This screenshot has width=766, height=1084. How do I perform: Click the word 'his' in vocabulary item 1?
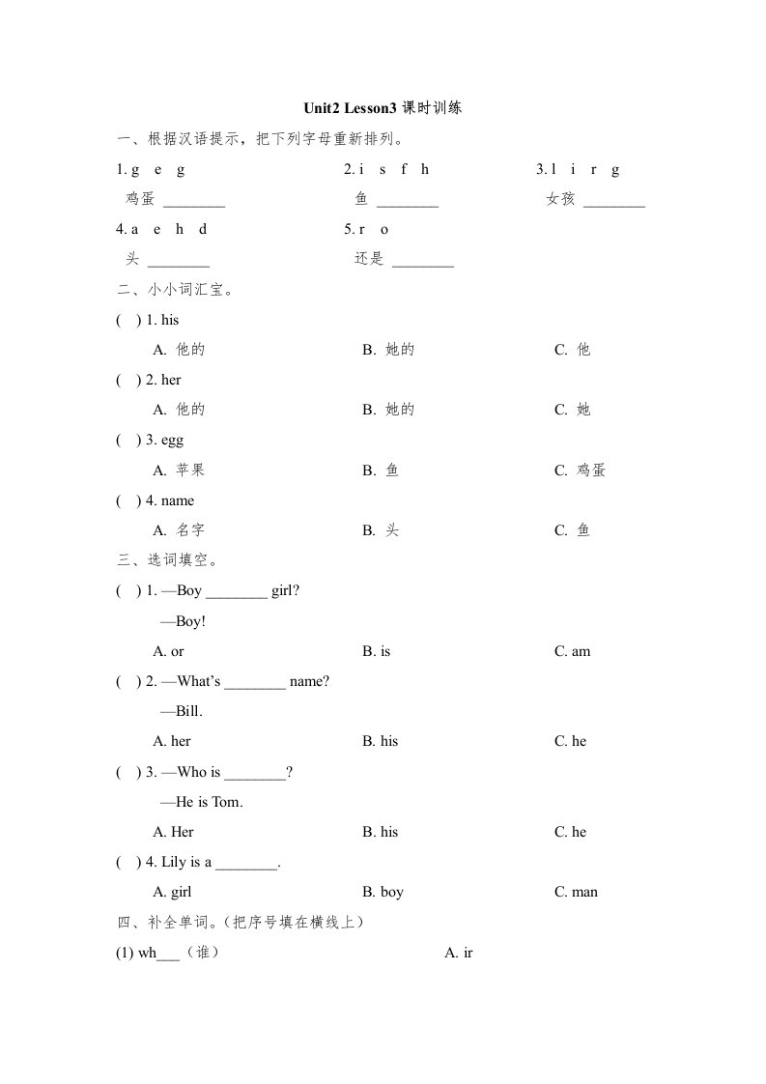click(170, 320)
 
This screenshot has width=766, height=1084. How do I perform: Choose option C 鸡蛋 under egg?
click(580, 471)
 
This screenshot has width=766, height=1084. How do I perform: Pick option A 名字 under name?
click(179, 530)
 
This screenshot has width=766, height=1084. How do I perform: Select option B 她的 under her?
click(388, 410)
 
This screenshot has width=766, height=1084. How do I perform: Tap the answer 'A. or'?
click(168, 651)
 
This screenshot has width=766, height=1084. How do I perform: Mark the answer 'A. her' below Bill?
click(172, 741)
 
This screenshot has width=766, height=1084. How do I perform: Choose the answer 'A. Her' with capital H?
click(174, 832)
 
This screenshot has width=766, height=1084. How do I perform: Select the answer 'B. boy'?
click(383, 892)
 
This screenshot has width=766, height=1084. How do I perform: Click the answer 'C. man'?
click(576, 892)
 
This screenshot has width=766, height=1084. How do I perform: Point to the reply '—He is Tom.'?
click(201, 802)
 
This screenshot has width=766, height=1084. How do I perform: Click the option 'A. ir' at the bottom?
click(458, 953)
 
